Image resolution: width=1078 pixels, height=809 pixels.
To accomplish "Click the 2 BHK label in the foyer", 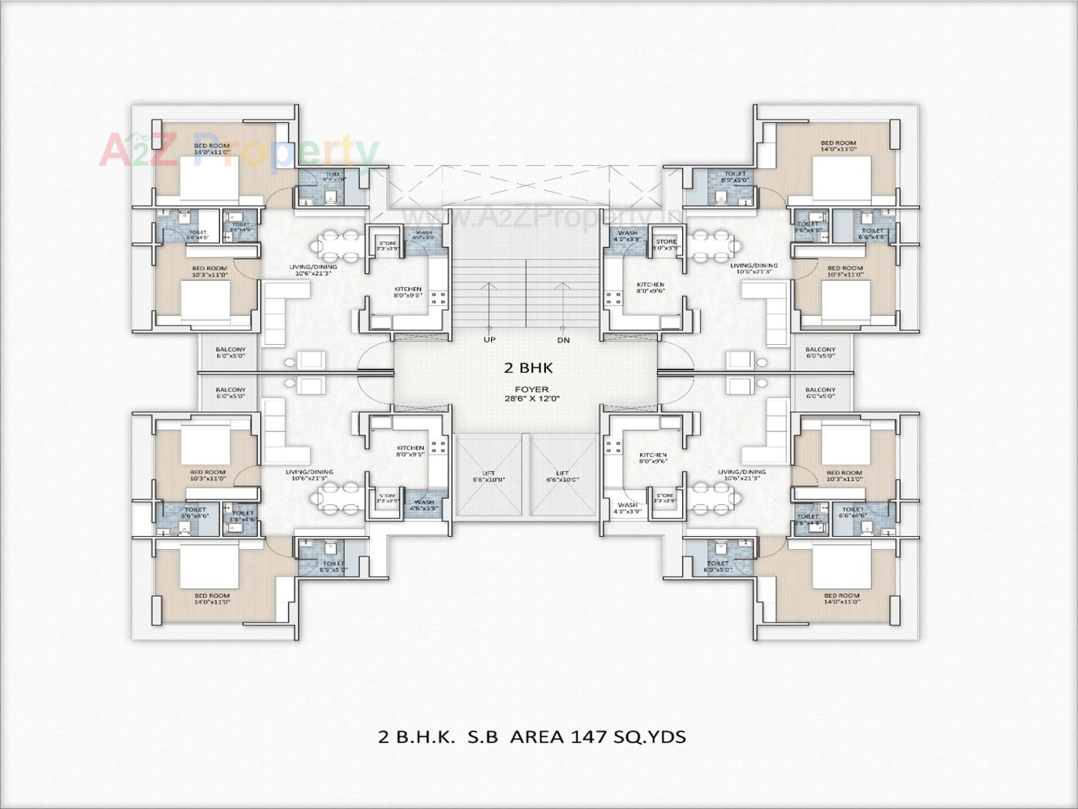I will pos(528,368).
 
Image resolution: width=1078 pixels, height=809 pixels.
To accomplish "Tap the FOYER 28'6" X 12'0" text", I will pos(532,394).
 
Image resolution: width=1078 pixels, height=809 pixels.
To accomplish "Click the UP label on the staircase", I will pos(490,340).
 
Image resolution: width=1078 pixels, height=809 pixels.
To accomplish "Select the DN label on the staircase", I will pos(563,340).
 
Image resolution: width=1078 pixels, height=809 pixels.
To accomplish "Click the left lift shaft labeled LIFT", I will pos(488,476).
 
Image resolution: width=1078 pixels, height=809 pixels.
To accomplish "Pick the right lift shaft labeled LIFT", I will pos(562,476).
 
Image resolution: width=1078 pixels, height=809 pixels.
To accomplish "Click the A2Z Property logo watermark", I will pos(239,150).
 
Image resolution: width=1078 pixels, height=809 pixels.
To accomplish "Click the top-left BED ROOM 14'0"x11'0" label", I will pos(212,148).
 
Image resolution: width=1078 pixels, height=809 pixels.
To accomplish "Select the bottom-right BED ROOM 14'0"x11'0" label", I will pos(842,598).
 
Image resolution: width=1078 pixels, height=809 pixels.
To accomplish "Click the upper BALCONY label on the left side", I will pos(230,352).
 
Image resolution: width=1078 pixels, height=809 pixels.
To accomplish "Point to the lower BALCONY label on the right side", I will pos(820,392).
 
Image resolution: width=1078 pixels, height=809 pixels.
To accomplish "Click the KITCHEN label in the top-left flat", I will pos(408,291).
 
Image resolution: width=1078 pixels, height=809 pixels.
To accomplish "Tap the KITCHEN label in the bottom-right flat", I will pos(653,458).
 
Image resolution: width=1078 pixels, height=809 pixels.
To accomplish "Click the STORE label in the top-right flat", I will pos(666,244).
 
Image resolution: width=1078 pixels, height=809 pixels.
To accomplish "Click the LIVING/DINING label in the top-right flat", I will pos(753,268).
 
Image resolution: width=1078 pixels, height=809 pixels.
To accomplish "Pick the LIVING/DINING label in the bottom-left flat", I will pos(309,475).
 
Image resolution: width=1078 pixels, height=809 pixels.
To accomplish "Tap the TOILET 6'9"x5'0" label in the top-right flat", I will pos(735,177).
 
